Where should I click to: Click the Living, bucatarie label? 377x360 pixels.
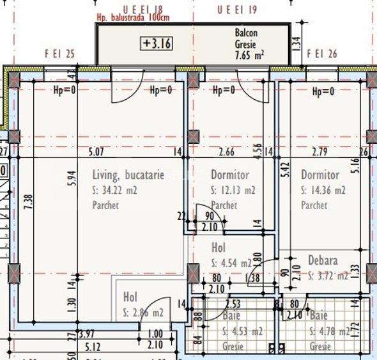(128, 175)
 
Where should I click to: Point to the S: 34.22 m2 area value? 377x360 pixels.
(115, 190)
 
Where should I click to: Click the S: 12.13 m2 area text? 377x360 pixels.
(233, 191)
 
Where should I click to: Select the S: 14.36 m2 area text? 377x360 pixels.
(323, 191)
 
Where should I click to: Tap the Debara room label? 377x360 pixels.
(323, 261)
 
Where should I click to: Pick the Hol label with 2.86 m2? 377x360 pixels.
(130, 298)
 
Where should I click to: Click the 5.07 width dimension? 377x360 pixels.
(96, 152)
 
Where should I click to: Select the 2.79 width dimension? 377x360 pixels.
(319, 152)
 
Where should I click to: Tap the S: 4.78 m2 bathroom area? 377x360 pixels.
(329, 331)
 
